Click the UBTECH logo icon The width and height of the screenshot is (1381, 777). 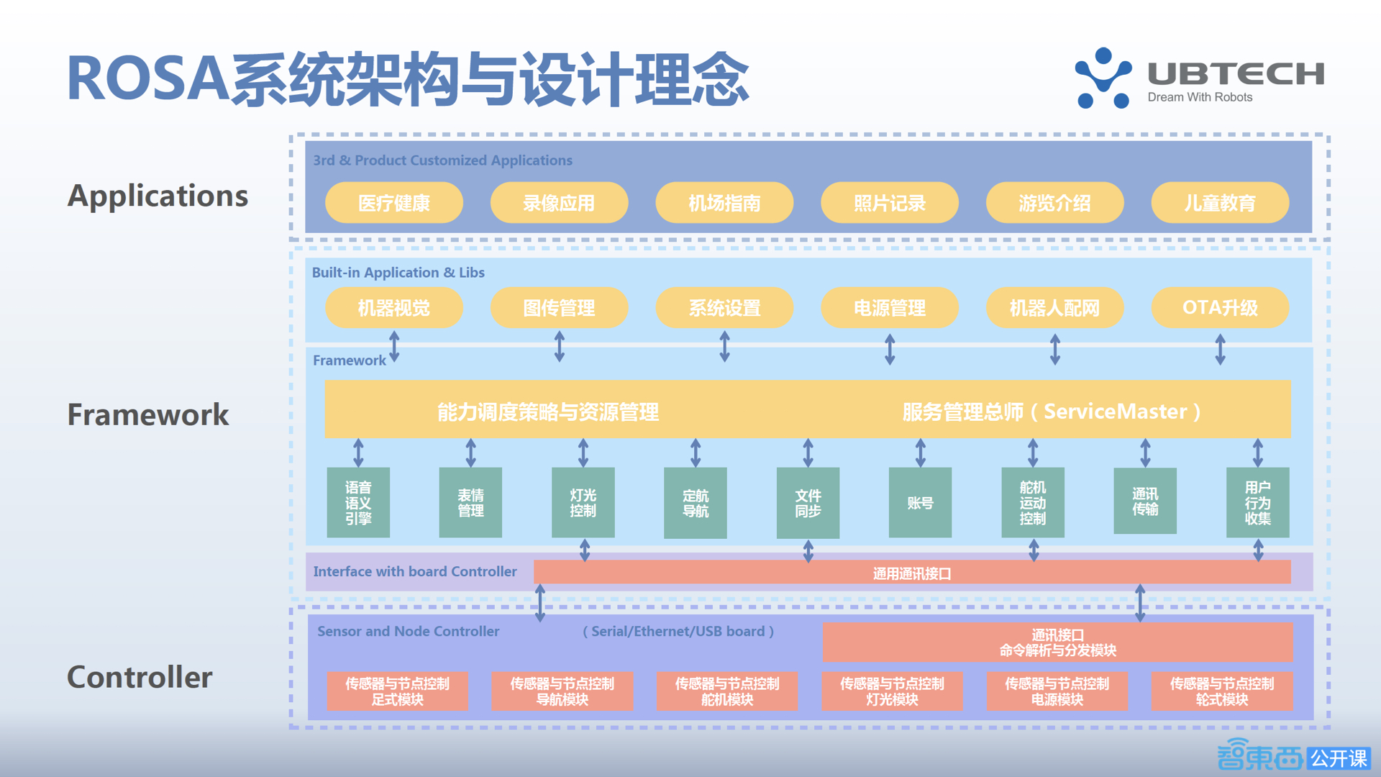click(x=1103, y=78)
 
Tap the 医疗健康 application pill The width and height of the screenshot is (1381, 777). click(x=393, y=203)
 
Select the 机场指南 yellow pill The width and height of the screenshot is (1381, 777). click(x=724, y=203)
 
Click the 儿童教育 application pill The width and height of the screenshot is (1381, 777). click(x=1220, y=203)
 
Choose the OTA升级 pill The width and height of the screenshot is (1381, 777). click(x=1220, y=308)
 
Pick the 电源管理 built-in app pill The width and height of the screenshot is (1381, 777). click(x=890, y=308)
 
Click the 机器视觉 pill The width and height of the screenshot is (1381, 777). click(x=393, y=308)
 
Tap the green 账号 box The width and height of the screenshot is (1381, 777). click(x=920, y=502)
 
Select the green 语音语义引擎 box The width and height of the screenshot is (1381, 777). click(x=358, y=502)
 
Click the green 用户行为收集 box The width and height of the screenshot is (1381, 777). click(x=1257, y=502)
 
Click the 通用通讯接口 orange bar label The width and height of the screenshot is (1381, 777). click(x=912, y=573)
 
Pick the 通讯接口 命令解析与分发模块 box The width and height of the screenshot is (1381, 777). click(x=1057, y=642)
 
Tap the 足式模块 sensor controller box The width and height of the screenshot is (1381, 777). click(x=397, y=691)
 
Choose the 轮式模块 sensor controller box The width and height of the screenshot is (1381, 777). click(x=1221, y=691)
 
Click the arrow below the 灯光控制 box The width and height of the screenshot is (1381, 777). click(x=585, y=550)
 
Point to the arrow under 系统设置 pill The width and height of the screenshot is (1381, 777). click(x=724, y=347)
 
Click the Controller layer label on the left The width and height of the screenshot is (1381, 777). click(x=140, y=677)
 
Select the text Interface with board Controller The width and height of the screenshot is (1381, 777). click(x=415, y=571)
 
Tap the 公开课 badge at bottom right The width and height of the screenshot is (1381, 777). click(x=1339, y=758)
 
